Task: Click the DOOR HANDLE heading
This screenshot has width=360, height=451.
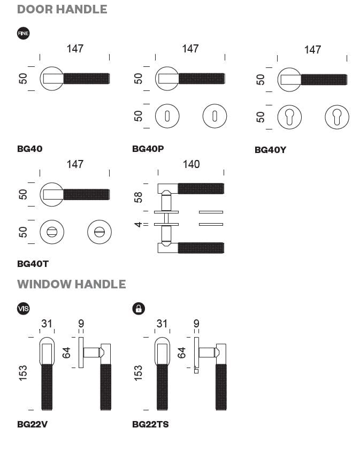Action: (x=62, y=9)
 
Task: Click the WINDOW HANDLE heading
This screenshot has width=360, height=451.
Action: (x=71, y=284)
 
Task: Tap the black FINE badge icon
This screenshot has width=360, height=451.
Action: (x=24, y=33)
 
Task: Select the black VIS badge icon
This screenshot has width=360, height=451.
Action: (x=24, y=308)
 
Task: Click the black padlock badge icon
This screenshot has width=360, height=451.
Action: (x=139, y=308)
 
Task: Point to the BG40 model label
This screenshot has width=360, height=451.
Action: (x=29, y=149)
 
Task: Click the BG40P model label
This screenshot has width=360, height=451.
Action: (x=148, y=149)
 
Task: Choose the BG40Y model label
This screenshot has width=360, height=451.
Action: (x=270, y=150)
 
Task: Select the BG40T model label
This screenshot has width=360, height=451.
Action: (x=33, y=263)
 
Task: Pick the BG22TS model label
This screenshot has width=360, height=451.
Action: (x=150, y=424)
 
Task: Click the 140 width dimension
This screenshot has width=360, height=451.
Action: (x=191, y=164)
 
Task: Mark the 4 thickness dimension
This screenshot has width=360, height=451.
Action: (x=138, y=224)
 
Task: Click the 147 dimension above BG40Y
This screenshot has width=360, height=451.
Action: (x=312, y=50)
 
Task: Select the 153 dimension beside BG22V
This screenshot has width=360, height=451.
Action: (x=23, y=373)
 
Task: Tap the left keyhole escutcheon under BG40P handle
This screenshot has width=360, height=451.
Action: (x=167, y=116)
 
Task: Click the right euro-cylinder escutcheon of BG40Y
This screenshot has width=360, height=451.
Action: (x=337, y=117)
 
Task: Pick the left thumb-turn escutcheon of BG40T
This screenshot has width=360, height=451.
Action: (x=52, y=232)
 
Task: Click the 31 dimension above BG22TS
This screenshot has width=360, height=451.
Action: (x=162, y=324)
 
